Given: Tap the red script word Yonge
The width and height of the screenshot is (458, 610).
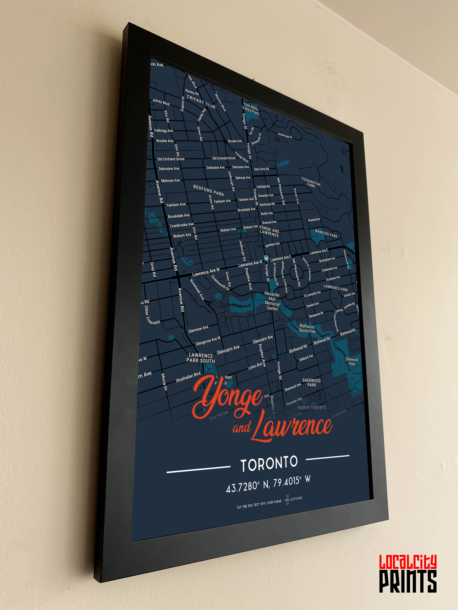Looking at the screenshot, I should tap(228, 397).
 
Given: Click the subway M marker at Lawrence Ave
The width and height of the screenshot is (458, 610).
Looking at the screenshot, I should tap(266, 258).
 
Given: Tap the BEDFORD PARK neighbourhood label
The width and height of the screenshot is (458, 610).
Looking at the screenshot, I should tap(208, 190).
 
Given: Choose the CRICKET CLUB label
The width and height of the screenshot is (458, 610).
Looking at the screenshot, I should tap(201, 102).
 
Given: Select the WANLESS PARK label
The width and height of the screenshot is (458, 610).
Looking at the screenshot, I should tap(326, 234).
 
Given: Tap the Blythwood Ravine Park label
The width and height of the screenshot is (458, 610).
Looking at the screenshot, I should tap(307, 328).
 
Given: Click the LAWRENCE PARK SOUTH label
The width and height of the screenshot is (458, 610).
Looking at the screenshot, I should tap(201, 358).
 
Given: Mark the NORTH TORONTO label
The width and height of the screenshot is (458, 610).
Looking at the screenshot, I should tap(312, 408).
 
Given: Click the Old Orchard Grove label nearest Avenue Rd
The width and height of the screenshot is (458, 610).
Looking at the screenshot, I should tap(171, 159).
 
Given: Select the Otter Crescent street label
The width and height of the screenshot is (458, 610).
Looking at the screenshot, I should tap(152, 314).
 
